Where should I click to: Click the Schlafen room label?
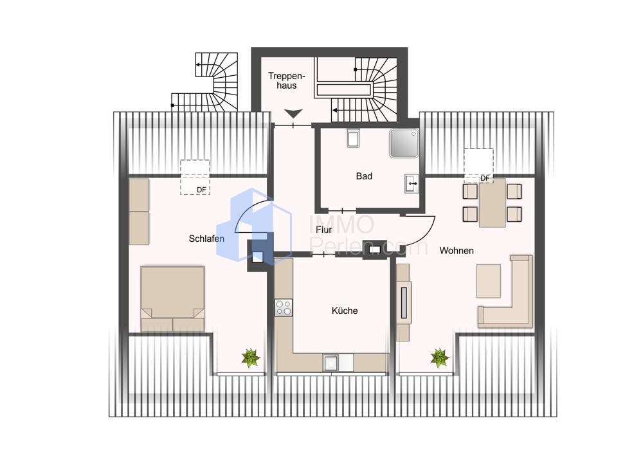[x=206, y=239]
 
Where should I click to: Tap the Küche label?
[x=345, y=311]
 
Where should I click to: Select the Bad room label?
[x=364, y=176]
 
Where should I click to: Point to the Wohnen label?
[x=457, y=250]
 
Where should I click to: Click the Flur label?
[x=324, y=230]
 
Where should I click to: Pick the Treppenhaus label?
[x=287, y=80]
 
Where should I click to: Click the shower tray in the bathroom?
[x=404, y=143]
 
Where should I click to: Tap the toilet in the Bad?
[x=353, y=138]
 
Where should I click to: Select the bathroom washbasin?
[x=412, y=183]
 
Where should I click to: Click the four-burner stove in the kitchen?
[x=284, y=307]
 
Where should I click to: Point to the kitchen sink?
[x=331, y=363]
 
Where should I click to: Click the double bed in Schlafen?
[x=172, y=298]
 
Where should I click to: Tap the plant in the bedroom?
[x=251, y=358]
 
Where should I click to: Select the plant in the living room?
[x=440, y=358]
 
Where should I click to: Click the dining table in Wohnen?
[x=492, y=203]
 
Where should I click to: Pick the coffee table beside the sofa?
[x=489, y=281]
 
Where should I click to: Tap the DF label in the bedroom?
[x=201, y=190]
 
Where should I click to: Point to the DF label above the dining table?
[x=485, y=178]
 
